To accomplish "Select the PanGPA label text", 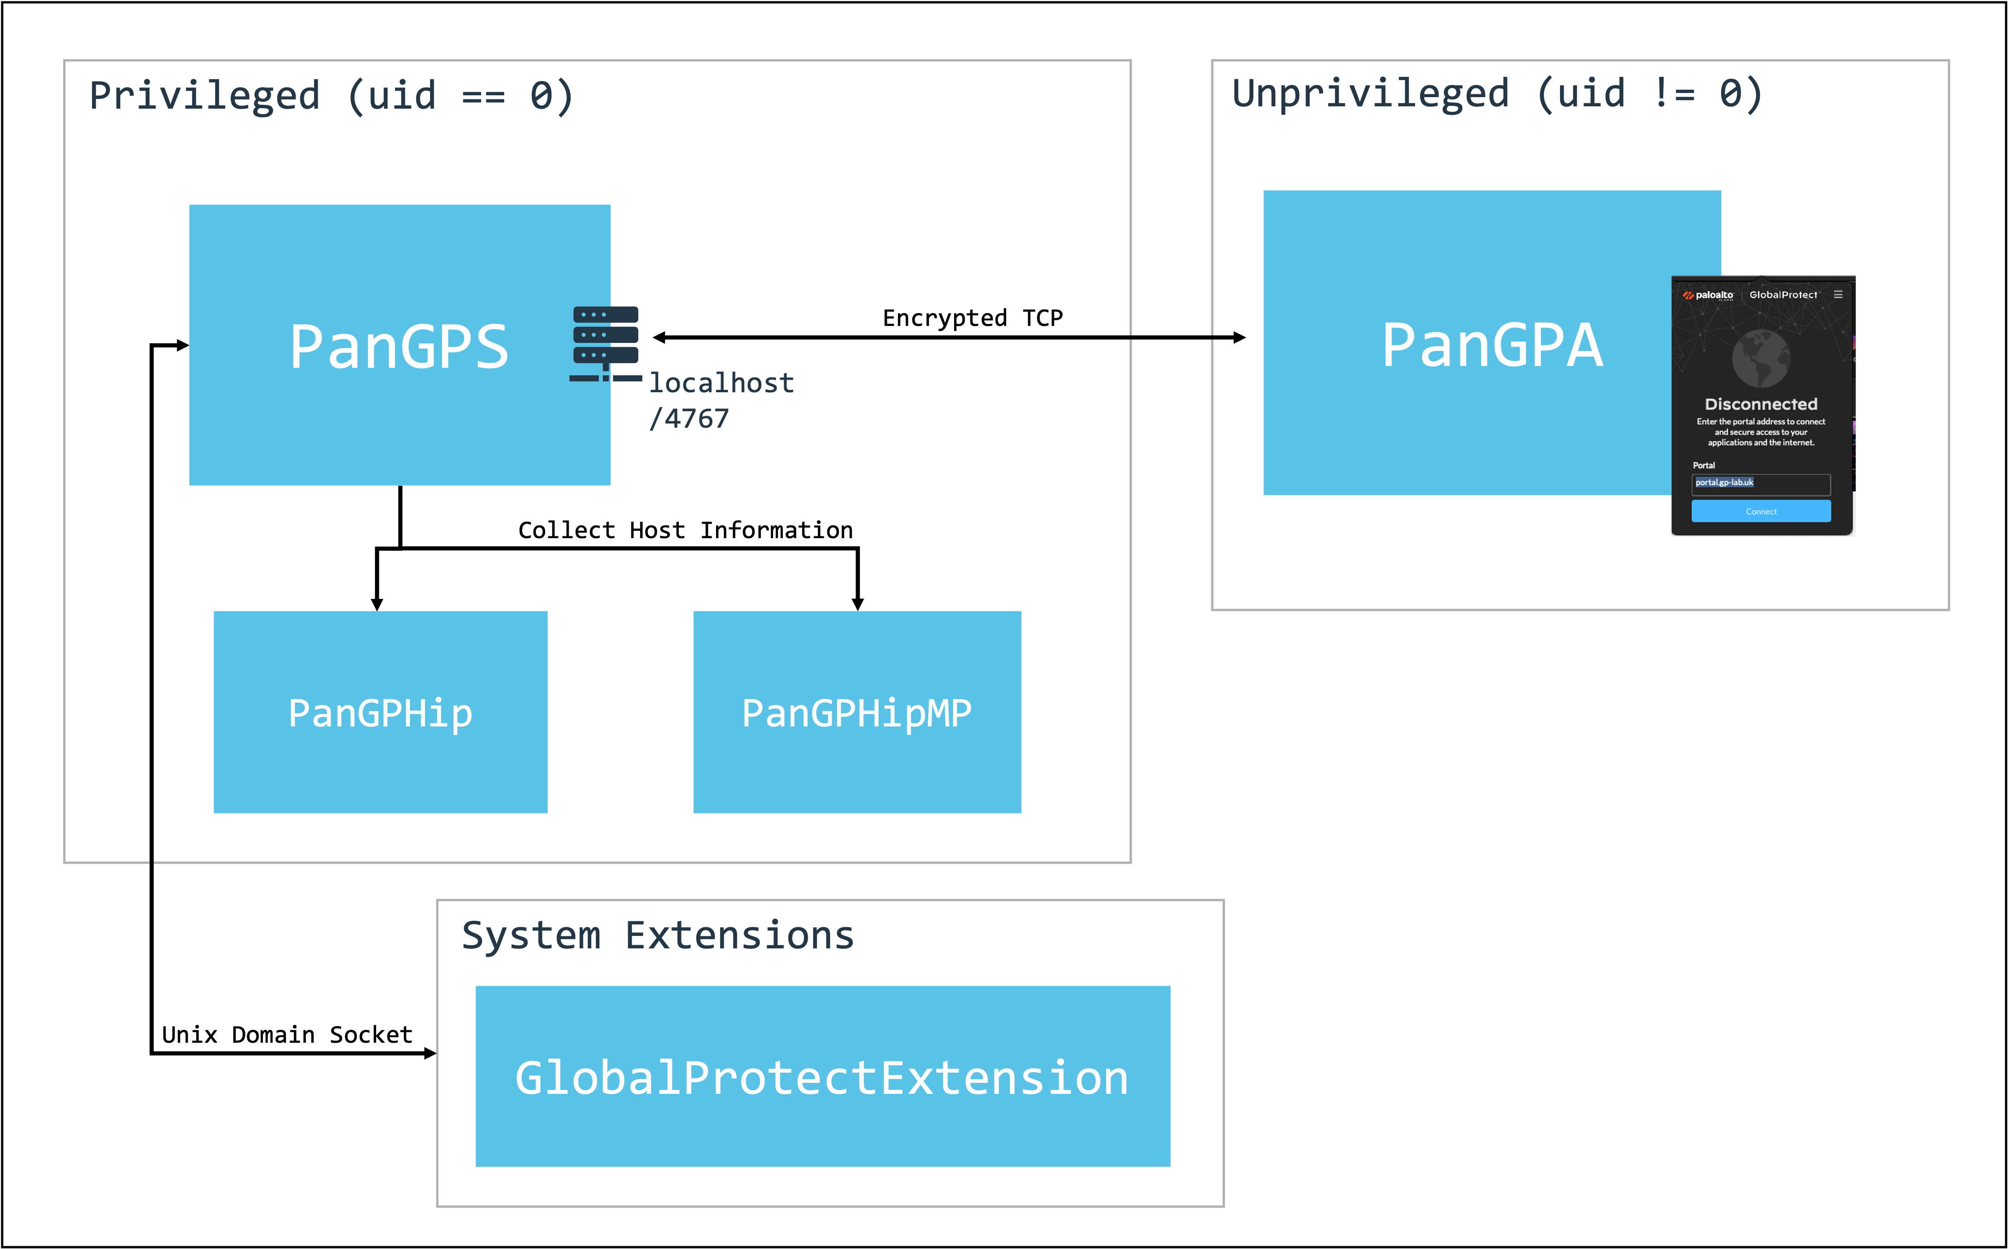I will (x=1492, y=345).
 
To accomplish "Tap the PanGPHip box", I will (x=380, y=712).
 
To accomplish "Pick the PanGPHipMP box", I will (x=856, y=712).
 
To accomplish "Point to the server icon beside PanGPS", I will (x=606, y=343).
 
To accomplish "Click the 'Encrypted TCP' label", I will (x=972, y=318).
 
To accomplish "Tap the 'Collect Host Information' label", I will (x=685, y=530).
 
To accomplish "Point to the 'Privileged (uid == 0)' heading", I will (x=331, y=96).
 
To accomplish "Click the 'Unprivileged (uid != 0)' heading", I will (x=1497, y=93).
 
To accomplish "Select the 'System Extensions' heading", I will (x=658, y=936).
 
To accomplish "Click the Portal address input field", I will (x=1760, y=484).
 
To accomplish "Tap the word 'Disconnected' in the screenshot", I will (x=1760, y=404).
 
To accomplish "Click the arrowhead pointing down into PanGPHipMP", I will (x=857, y=604).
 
